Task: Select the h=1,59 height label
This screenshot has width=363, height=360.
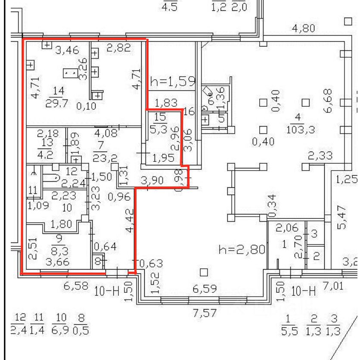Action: (x=173, y=81)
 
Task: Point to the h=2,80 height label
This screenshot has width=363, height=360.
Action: (x=242, y=250)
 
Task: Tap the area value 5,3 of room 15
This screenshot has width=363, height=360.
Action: (x=160, y=128)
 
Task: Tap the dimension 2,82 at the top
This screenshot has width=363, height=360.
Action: (x=118, y=48)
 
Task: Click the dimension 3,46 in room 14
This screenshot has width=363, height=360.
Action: (x=68, y=50)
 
